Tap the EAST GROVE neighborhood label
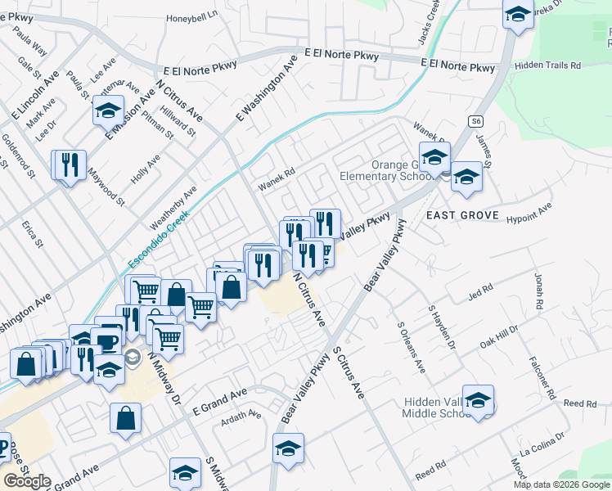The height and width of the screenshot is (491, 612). point(461,214)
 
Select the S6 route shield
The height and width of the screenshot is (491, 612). point(477,121)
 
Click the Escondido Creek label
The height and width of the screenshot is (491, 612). point(160,240)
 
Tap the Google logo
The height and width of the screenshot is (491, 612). point(27,481)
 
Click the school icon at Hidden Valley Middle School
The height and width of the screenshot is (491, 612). point(479,399)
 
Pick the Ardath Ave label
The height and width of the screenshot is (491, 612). point(241,417)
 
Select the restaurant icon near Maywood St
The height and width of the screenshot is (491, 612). point(70,164)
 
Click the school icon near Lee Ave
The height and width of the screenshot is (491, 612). point(107,110)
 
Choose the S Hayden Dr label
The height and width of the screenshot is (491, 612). point(449,332)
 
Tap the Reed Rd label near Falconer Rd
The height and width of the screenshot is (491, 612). point(580,404)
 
